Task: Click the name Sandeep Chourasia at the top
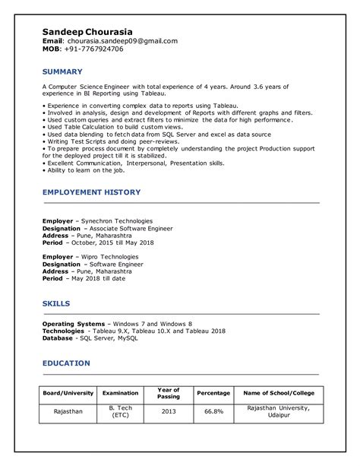87,31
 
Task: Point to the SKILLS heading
56,303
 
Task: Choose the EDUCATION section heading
66,363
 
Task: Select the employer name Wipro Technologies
110,257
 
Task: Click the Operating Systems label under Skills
74,324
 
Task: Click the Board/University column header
68,393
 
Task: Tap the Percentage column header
213,393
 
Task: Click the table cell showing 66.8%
213,412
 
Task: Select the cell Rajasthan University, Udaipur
278,412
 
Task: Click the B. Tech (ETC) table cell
120,412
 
